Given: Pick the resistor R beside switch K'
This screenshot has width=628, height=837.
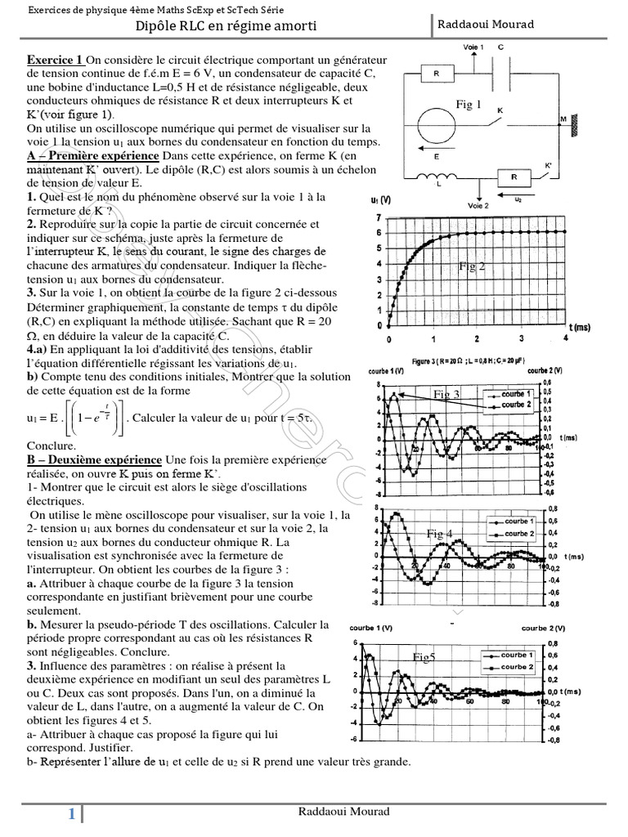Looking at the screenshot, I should click(x=513, y=177).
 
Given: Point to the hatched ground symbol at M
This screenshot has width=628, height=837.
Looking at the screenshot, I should click(x=576, y=125).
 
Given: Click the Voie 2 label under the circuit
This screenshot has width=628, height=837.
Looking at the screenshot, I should click(x=478, y=207).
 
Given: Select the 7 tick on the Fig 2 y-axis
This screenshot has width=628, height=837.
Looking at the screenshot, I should click(x=377, y=218).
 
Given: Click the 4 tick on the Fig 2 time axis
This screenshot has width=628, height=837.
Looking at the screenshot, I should click(x=565, y=338).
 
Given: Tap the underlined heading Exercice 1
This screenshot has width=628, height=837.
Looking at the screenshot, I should click(x=56, y=60).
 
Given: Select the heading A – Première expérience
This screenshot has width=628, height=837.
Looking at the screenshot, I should click(x=93, y=156).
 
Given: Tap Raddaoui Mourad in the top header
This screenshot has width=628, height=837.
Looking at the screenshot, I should click(x=486, y=25).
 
